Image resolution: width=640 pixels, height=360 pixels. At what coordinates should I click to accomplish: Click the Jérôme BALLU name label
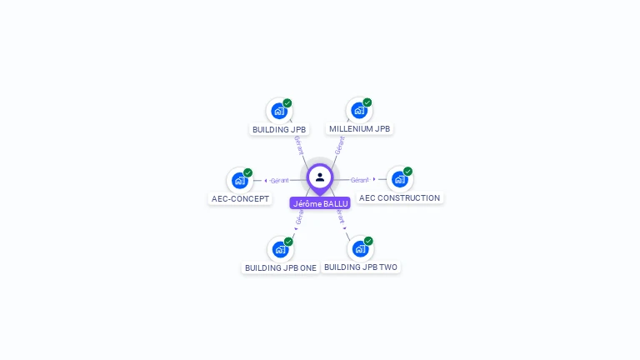tap(320, 203)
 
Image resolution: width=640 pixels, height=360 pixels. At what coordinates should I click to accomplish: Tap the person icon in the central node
tap(320, 177)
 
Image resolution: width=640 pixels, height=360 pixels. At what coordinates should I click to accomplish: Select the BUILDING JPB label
tap(279, 129)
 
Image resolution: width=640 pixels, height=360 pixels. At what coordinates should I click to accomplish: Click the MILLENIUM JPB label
tap(359, 128)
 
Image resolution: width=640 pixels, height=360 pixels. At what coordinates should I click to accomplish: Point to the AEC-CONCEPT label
tap(240, 198)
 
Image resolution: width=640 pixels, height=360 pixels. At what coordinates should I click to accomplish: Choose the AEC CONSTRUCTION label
tap(399, 197)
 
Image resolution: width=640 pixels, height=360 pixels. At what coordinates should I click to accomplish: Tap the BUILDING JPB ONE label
tap(280, 267)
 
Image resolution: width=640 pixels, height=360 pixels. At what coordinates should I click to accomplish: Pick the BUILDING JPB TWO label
tap(361, 267)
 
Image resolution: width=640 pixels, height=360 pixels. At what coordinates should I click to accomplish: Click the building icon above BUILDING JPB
tap(279, 110)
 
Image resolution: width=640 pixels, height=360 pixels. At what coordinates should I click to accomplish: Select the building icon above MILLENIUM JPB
tap(358, 110)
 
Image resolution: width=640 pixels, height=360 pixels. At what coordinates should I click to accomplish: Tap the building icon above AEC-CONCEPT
tap(240, 180)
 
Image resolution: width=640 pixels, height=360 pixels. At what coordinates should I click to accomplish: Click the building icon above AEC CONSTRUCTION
tap(399, 179)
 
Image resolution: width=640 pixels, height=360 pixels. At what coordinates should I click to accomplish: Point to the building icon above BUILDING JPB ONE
tap(280, 249)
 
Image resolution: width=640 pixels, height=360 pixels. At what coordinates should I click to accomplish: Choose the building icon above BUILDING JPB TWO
tap(359, 248)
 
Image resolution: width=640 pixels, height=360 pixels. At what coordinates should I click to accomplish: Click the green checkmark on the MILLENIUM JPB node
tap(367, 102)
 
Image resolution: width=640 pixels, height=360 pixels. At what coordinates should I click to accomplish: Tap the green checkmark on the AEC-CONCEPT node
tap(248, 172)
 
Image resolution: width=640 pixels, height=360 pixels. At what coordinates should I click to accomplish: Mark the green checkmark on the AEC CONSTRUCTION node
tap(407, 172)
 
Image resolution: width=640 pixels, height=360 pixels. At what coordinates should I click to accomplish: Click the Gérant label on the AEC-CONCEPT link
tap(279, 180)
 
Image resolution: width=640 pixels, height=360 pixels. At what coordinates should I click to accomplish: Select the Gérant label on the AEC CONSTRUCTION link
tap(359, 180)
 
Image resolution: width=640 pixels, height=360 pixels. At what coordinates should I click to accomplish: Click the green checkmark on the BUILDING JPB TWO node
tap(368, 241)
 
